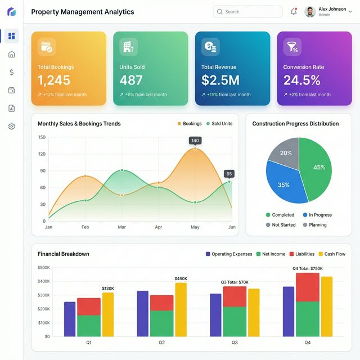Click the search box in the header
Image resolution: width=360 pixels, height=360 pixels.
point(247,12)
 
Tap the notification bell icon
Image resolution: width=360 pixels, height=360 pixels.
point(294,12)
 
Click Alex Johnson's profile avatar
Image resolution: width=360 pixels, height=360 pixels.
point(310,12)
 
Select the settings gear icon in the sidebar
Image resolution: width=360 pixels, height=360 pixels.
point(11,127)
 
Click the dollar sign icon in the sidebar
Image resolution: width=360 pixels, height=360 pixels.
point(11,72)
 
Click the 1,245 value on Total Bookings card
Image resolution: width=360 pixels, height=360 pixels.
point(54,80)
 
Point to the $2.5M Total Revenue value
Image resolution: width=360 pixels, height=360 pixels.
point(220,80)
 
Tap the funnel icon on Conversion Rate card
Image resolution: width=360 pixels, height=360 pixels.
point(292,47)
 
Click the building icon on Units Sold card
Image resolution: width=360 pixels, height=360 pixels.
point(128,47)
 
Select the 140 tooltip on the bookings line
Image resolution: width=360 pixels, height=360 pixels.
point(195,141)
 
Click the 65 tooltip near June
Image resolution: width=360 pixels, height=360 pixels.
point(229,174)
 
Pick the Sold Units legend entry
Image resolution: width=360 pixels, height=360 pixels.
point(219,124)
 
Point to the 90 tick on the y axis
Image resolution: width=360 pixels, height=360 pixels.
point(42,171)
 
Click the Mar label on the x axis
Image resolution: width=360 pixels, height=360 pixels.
point(121,227)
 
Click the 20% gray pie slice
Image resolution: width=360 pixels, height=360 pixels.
point(285,152)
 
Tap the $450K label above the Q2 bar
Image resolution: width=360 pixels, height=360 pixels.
point(181,278)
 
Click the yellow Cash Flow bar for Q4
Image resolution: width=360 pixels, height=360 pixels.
point(326,306)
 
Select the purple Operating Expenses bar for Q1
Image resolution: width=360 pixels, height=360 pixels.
point(70,319)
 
